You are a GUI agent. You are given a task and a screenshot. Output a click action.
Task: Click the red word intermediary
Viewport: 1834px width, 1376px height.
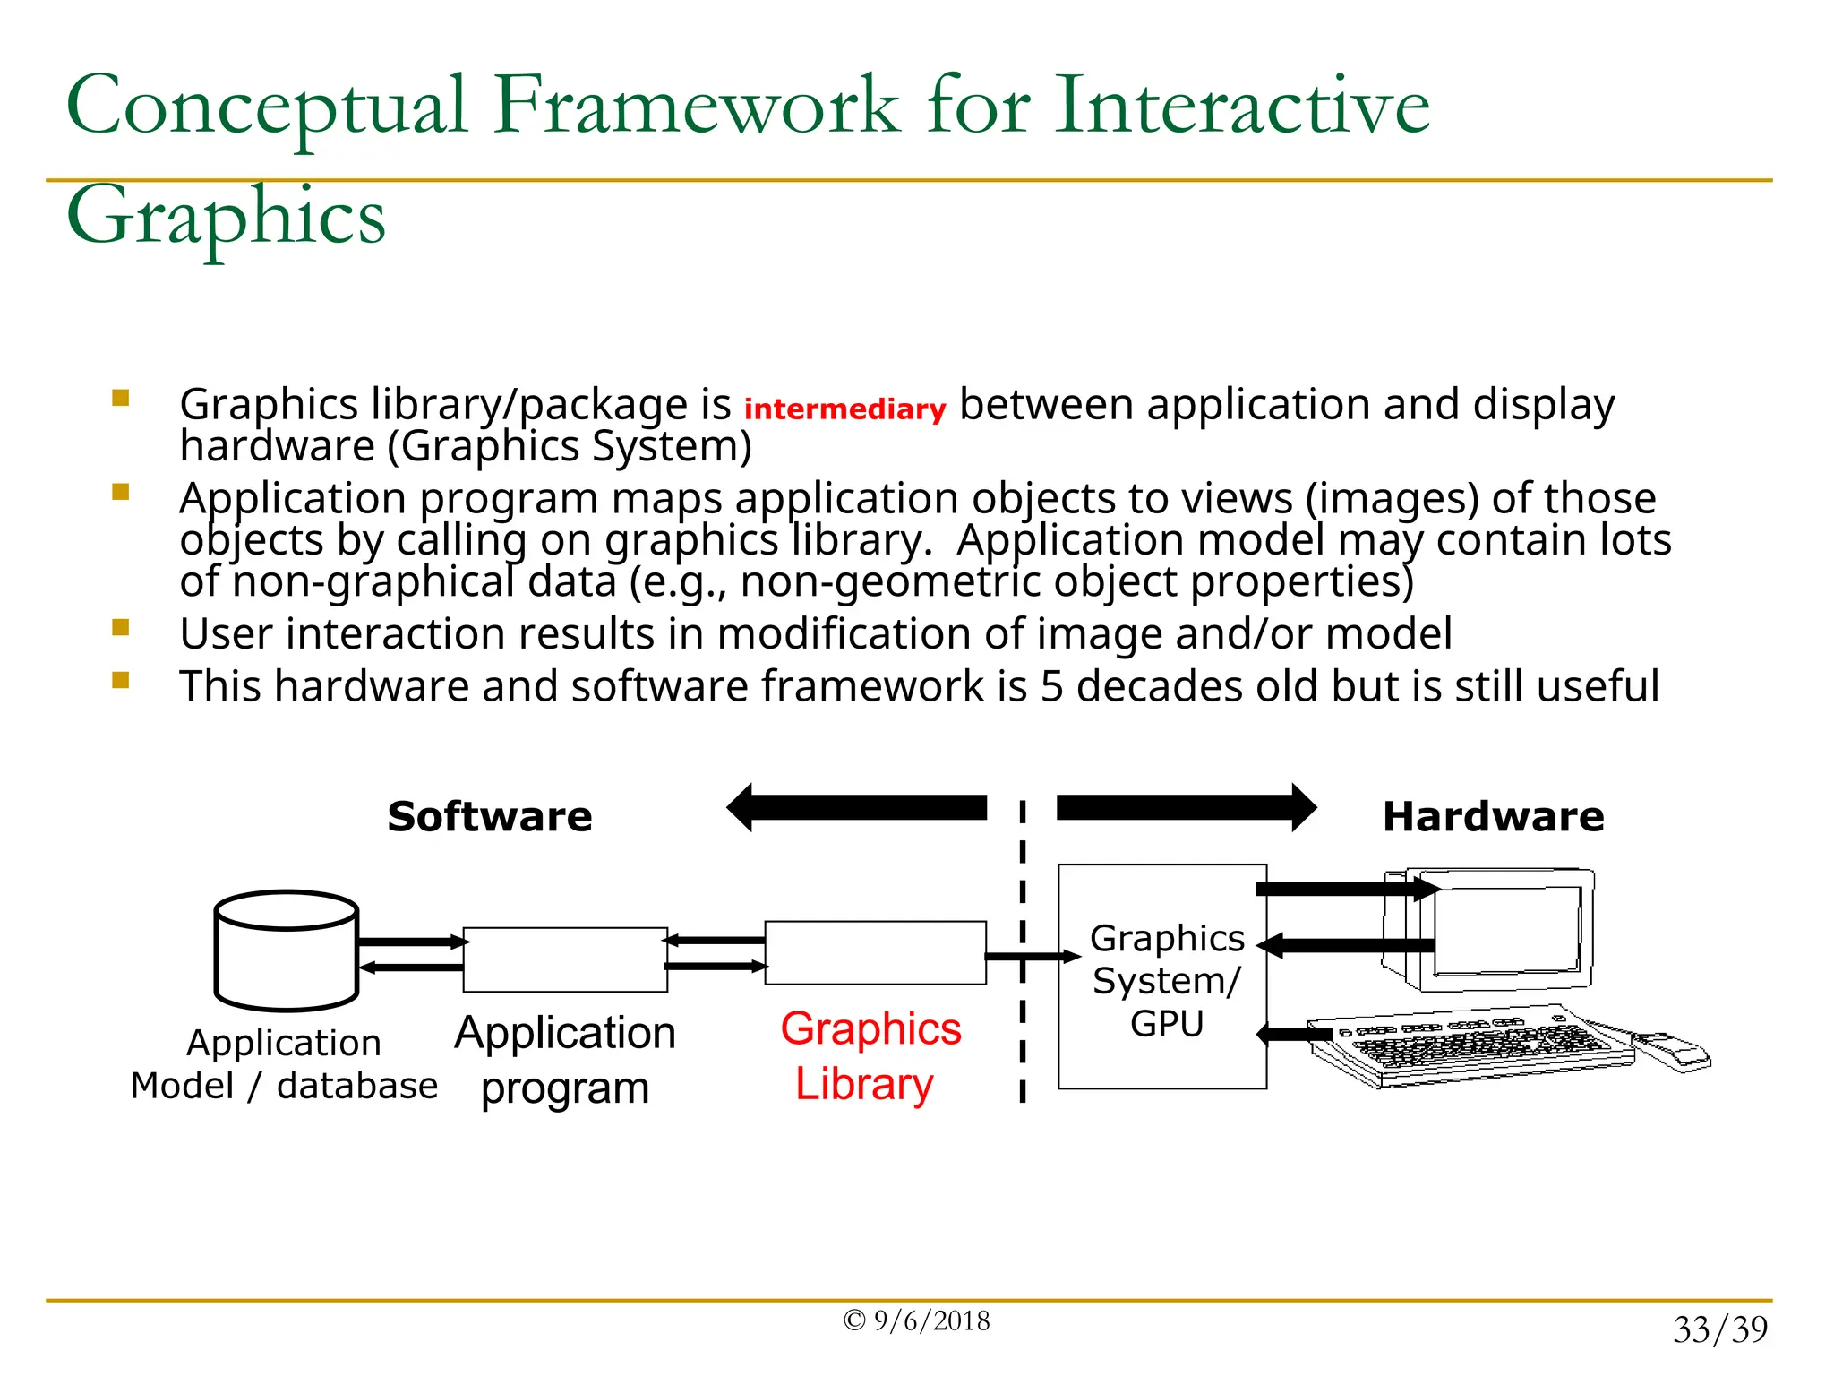pyautogui.click(x=844, y=409)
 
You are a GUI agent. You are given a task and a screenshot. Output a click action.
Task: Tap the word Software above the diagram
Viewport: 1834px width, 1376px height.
pyautogui.click(x=490, y=817)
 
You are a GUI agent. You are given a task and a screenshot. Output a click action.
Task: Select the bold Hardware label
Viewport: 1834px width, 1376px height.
pyautogui.click(x=1493, y=817)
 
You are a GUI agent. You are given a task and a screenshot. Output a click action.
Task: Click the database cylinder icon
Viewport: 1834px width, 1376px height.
pyautogui.click(x=287, y=951)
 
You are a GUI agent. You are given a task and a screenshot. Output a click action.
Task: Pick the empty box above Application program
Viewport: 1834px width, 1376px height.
pyautogui.click(x=565, y=959)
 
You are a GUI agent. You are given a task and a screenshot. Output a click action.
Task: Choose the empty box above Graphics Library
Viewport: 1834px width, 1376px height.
pyautogui.click(x=875, y=953)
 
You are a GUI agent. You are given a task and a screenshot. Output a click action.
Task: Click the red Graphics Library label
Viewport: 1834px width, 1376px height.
pyautogui.click(x=869, y=1056)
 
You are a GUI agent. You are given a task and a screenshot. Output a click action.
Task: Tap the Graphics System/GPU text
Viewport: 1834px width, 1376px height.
pyautogui.click(x=1166, y=981)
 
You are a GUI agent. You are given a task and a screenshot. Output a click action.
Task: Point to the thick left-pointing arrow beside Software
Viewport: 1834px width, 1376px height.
pyautogui.click(x=857, y=808)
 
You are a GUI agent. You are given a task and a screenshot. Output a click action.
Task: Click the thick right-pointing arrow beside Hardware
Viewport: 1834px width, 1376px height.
pyautogui.click(x=1186, y=808)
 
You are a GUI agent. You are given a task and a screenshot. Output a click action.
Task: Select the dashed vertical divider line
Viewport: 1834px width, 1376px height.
pyautogui.click(x=1022, y=950)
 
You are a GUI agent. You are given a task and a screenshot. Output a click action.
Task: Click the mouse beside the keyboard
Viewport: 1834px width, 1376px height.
pyautogui.click(x=1671, y=1052)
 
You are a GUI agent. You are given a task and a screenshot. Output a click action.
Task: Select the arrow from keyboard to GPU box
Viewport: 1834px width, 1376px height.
pyautogui.click(x=1293, y=1035)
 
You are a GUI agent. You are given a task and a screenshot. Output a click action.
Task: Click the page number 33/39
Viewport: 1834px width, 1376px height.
pyautogui.click(x=1719, y=1329)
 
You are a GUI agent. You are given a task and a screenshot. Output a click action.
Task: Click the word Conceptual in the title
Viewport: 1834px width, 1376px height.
pyautogui.click(x=267, y=106)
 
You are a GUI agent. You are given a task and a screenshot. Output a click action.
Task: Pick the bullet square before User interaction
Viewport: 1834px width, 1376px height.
pyautogui.click(x=121, y=628)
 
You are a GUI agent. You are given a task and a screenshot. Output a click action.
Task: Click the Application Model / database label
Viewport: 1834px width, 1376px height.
pyautogui.click(x=284, y=1064)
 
